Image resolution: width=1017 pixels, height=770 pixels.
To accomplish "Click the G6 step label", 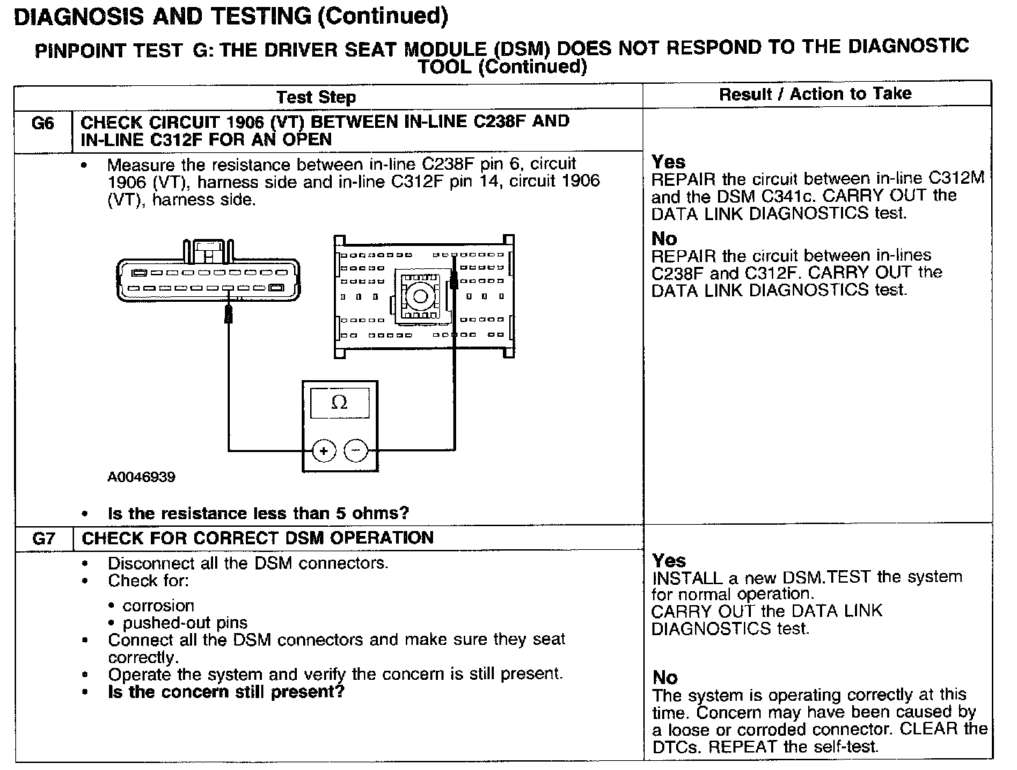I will point(43,124).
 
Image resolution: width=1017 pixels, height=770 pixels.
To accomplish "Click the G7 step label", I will point(43,539).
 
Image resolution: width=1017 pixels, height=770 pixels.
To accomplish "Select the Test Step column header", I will point(316,98).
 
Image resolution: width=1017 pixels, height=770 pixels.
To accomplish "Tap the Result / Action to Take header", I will point(815,94).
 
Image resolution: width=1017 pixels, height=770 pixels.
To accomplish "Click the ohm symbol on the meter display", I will point(339,402).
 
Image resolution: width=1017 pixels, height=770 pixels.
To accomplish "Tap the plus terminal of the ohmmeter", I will point(323,451).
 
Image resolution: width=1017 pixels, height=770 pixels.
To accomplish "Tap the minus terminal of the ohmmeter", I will point(356,451).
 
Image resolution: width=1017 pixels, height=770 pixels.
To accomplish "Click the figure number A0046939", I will point(141,477).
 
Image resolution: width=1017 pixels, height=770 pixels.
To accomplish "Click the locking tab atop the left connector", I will point(207,249).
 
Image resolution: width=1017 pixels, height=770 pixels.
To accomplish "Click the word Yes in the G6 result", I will point(668,162).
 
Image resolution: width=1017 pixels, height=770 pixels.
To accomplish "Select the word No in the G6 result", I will point(664,239).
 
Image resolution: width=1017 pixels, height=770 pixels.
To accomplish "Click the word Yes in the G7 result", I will point(669,561).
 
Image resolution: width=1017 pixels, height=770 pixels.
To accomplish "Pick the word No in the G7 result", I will point(665,678).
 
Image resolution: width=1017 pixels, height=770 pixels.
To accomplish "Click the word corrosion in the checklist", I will point(159,606).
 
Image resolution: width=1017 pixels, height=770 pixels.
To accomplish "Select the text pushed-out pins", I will point(185,623).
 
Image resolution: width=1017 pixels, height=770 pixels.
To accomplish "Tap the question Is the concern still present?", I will point(226,692).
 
